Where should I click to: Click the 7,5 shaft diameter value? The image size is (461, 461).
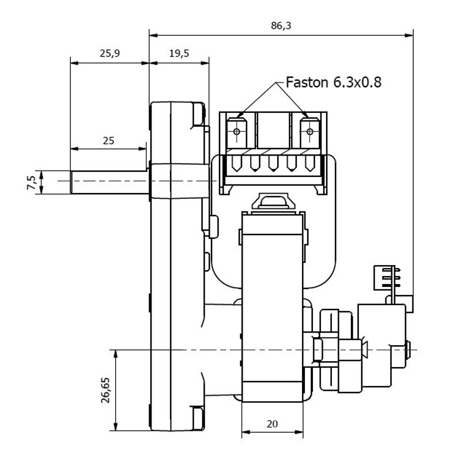(33, 182)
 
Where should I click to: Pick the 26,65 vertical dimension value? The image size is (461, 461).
(105, 391)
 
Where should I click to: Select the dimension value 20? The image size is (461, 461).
(273, 424)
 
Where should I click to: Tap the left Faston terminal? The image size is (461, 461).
(237, 133)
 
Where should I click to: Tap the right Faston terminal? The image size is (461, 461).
(310, 133)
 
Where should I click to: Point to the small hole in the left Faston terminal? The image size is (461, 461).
(237, 133)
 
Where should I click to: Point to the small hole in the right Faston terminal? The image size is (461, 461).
(310, 133)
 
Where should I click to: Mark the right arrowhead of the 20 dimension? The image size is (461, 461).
(301, 432)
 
